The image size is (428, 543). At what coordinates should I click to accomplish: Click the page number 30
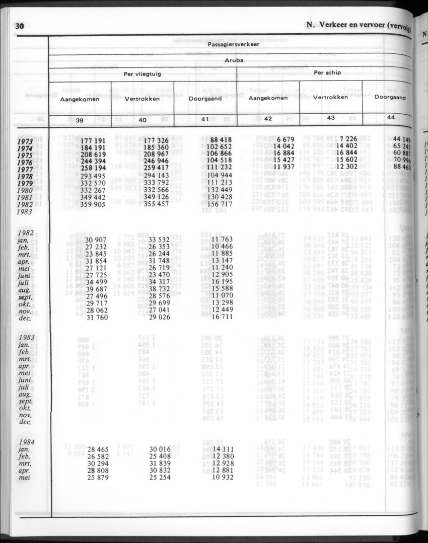(x=20, y=27)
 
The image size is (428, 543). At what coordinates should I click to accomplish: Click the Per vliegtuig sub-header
(x=142, y=74)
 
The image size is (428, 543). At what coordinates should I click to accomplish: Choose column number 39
(x=80, y=120)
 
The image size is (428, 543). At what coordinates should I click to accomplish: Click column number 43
(x=331, y=118)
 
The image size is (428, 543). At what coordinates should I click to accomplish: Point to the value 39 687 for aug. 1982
(x=96, y=288)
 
